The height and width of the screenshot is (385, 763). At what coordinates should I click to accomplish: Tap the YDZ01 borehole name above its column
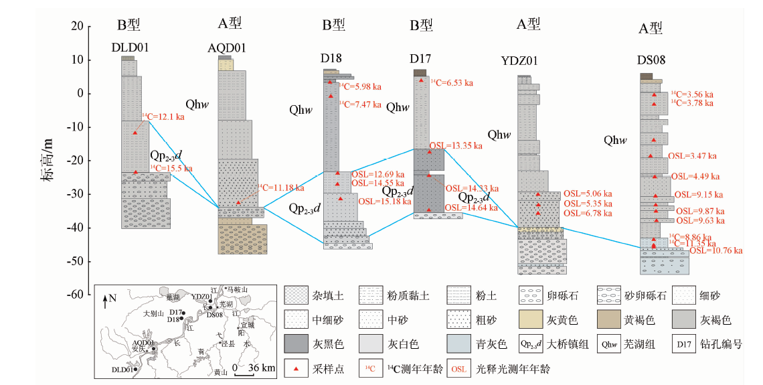(527, 61)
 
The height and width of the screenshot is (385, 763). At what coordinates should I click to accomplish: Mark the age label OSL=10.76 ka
(715, 251)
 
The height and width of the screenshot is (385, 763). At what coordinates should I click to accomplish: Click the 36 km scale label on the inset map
(258, 368)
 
